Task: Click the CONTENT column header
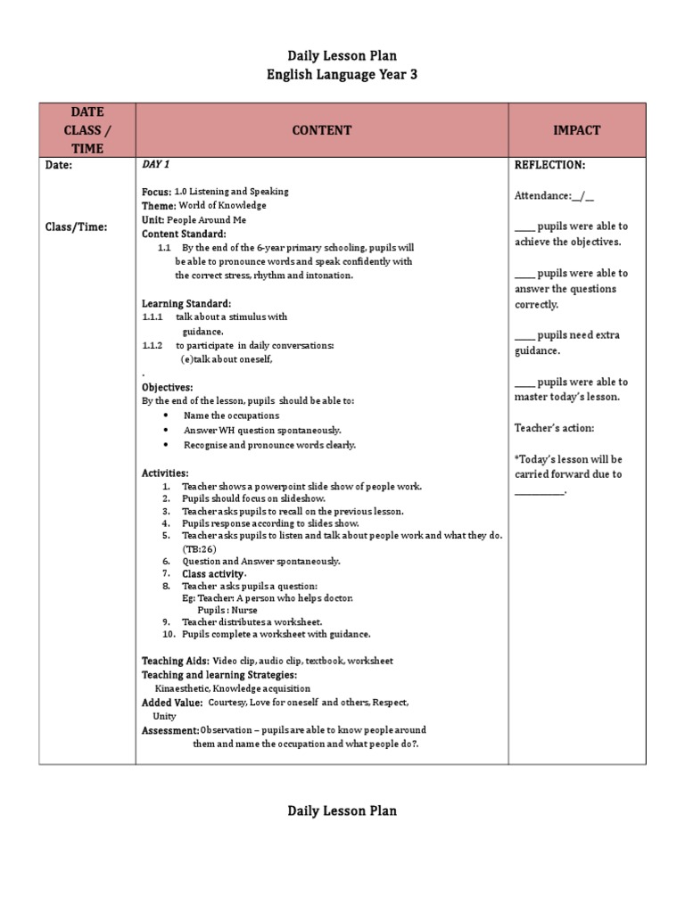pyautogui.click(x=322, y=130)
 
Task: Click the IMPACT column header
pyautogui.click(x=576, y=130)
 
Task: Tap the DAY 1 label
pyautogui.click(x=156, y=165)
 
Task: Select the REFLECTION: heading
pyautogui.click(x=549, y=166)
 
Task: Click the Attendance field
pyautogui.click(x=554, y=196)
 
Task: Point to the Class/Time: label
pyautogui.click(x=76, y=227)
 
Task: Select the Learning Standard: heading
pyautogui.click(x=186, y=303)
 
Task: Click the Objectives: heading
pyautogui.click(x=167, y=388)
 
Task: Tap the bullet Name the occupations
pyautogui.click(x=231, y=415)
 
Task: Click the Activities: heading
pyautogui.click(x=165, y=473)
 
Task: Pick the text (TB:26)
pyautogui.click(x=199, y=548)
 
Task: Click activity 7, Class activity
pyautogui.click(x=213, y=574)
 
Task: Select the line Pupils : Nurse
pyautogui.click(x=227, y=610)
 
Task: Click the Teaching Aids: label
pyautogui.click(x=176, y=661)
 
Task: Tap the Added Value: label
pyautogui.click(x=172, y=703)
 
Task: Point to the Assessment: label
pyautogui.click(x=170, y=730)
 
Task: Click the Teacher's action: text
pyautogui.click(x=554, y=428)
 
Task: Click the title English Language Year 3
pyautogui.click(x=342, y=75)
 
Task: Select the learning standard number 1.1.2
pyautogui.click(x=152, y=345)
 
